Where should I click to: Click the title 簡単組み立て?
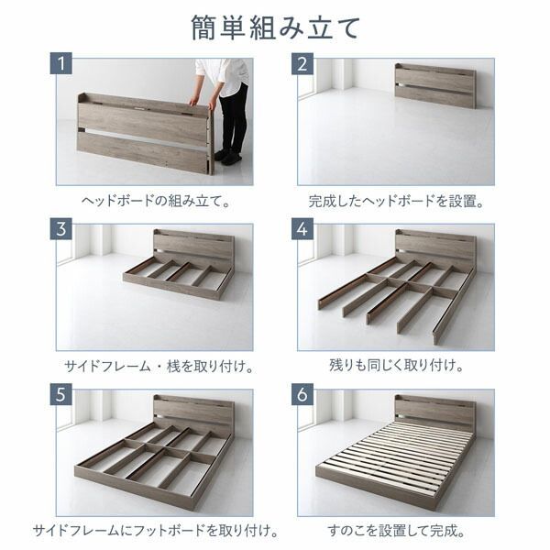pos(275,28)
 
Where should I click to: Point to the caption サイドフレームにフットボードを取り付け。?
pos(154,530)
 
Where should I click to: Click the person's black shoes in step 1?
pos(229,158)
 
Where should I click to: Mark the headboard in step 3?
pos(192,247)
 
